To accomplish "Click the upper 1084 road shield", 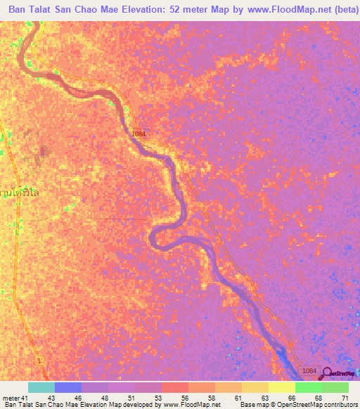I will pyautogui.click(x=139, y=133).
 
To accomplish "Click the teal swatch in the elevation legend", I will pyautogui.click(x=41, y=387).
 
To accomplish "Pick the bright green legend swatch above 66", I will pyautogui.click(x=308, y=387).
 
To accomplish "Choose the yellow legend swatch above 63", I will pyautogui.click(x=255, y=387).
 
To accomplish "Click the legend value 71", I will pyautogui.click(x=345, y=397).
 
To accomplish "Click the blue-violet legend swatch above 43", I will pyautogui.click(x=68, y=387).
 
